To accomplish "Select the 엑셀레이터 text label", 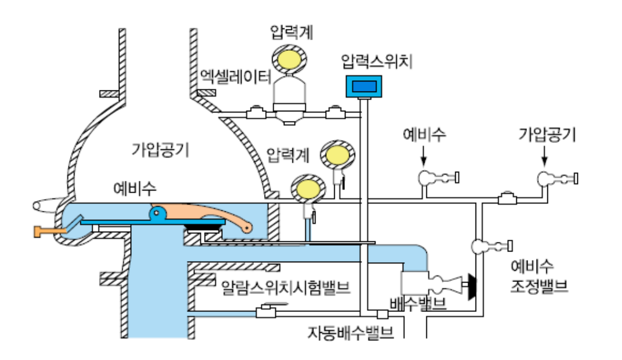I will (x=232, y=76).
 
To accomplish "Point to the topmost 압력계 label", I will (x=288, y=32).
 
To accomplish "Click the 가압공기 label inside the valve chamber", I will (x=160, y=150).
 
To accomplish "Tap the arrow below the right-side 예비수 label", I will (x=424, y=155).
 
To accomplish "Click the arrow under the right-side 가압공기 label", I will (x=545, y=155).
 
